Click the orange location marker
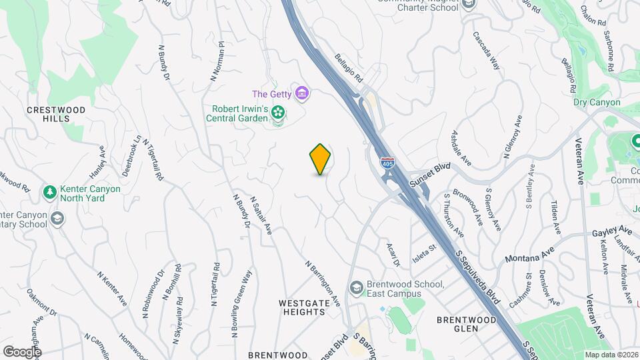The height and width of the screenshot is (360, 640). [321, 159]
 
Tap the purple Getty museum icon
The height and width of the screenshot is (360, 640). [303, 93]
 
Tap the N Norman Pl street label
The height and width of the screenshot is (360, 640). [217, 61]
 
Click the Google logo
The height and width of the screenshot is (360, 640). [22, 351]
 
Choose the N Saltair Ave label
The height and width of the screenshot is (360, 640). [262, 215]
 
